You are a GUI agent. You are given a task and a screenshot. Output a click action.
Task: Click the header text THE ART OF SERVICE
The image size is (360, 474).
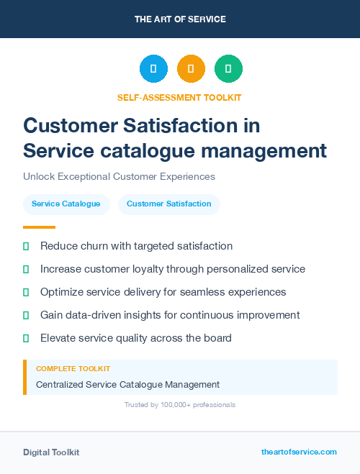tap(180, 19)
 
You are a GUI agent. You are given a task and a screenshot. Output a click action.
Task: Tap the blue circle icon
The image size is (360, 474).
tap(153, 69)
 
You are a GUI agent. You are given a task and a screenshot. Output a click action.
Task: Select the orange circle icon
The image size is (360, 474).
tap(191, 69)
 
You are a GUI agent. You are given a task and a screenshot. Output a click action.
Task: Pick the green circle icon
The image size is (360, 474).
tap(228, 69)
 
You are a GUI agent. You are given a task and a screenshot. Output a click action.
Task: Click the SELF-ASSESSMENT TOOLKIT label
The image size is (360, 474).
tap(179, 97)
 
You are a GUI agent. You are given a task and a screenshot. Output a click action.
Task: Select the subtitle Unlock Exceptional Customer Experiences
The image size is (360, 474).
tap(119, 176)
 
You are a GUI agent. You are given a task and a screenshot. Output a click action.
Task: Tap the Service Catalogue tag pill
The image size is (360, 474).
tap(66, 204)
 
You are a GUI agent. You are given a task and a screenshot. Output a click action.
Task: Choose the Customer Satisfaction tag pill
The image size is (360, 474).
tap(169, 204)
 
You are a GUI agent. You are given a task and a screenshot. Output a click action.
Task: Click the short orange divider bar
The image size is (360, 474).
tap(34, 227)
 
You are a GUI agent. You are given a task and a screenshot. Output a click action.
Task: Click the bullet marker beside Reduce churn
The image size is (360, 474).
tap(26, 246)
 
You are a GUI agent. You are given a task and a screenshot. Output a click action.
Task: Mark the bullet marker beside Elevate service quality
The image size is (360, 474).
tap(26, 338)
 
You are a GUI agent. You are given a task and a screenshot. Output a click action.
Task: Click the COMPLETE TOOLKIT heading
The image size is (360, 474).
tap(73, 369)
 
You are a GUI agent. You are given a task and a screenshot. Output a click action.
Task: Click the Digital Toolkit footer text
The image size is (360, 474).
tap(51, 452)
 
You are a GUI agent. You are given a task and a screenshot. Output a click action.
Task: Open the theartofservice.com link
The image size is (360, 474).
tap(299, 452)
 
